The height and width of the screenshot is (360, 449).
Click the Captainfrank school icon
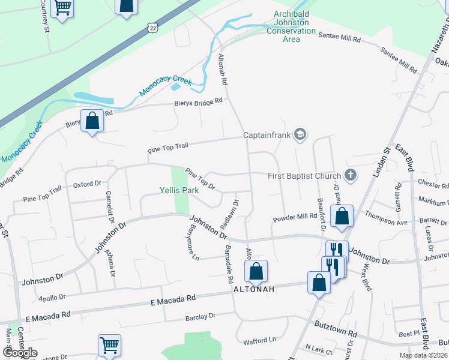[x=301, y=135]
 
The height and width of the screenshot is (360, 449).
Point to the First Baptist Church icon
[x=351, y=175]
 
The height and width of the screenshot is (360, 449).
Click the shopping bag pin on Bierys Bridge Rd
[x=92, y=121]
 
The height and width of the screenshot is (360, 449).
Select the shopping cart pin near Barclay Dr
[x=109, y=345]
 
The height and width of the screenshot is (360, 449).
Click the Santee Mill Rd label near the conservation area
[x=339, y=38]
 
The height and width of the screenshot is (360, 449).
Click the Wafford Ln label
[x=259, y=341]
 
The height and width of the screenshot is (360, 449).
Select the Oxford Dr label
[x=88, y=185]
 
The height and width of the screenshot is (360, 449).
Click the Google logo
[x=20, y=353]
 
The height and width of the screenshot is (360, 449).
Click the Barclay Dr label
[x=200, y=316]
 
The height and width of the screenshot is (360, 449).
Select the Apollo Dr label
[x=51, y=297]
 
